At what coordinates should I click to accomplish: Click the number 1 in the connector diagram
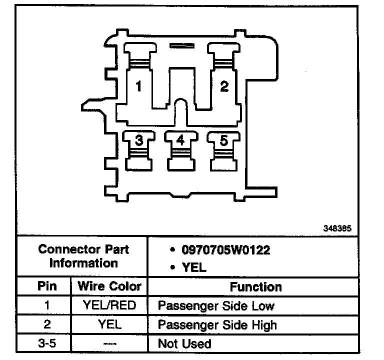[x=138, y=86]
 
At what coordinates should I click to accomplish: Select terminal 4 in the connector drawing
[x=180, y=140]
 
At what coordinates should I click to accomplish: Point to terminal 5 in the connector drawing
[x=223, y=140]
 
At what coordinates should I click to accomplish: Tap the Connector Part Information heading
[x=83, y=256]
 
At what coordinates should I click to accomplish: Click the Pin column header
[x=47, y=287]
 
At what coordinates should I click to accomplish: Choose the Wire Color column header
[x=110, y=287]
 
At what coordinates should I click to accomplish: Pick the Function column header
[x=255, y=287]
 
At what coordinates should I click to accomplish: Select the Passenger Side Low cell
[x=216, y=306]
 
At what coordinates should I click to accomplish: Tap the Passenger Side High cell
[x=217, y=325]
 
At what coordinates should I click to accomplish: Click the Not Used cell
[x=184, y=343]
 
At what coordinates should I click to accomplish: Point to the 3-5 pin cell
[x=47, y=343]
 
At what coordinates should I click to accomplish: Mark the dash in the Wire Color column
[x=110, y=343]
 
